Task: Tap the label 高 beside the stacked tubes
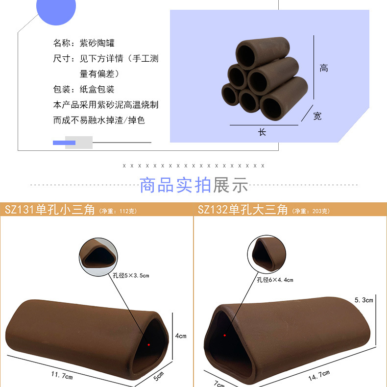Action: (324, 68)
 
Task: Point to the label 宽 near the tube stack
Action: (317, 116)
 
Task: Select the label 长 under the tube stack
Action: (262, 132)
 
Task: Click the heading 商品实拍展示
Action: (193, 186)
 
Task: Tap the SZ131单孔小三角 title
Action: (49, 210)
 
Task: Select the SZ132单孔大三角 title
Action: (242, 210)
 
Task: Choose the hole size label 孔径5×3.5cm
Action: (131, 276)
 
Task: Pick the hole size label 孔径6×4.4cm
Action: (275, 280)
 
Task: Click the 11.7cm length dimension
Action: (62, 377)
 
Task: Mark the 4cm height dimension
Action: (181, 336)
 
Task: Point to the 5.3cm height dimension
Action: (364, 299)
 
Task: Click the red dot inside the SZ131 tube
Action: (149, 344)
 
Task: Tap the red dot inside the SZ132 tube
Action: (225, 336)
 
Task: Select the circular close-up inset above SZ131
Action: (99, 254)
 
